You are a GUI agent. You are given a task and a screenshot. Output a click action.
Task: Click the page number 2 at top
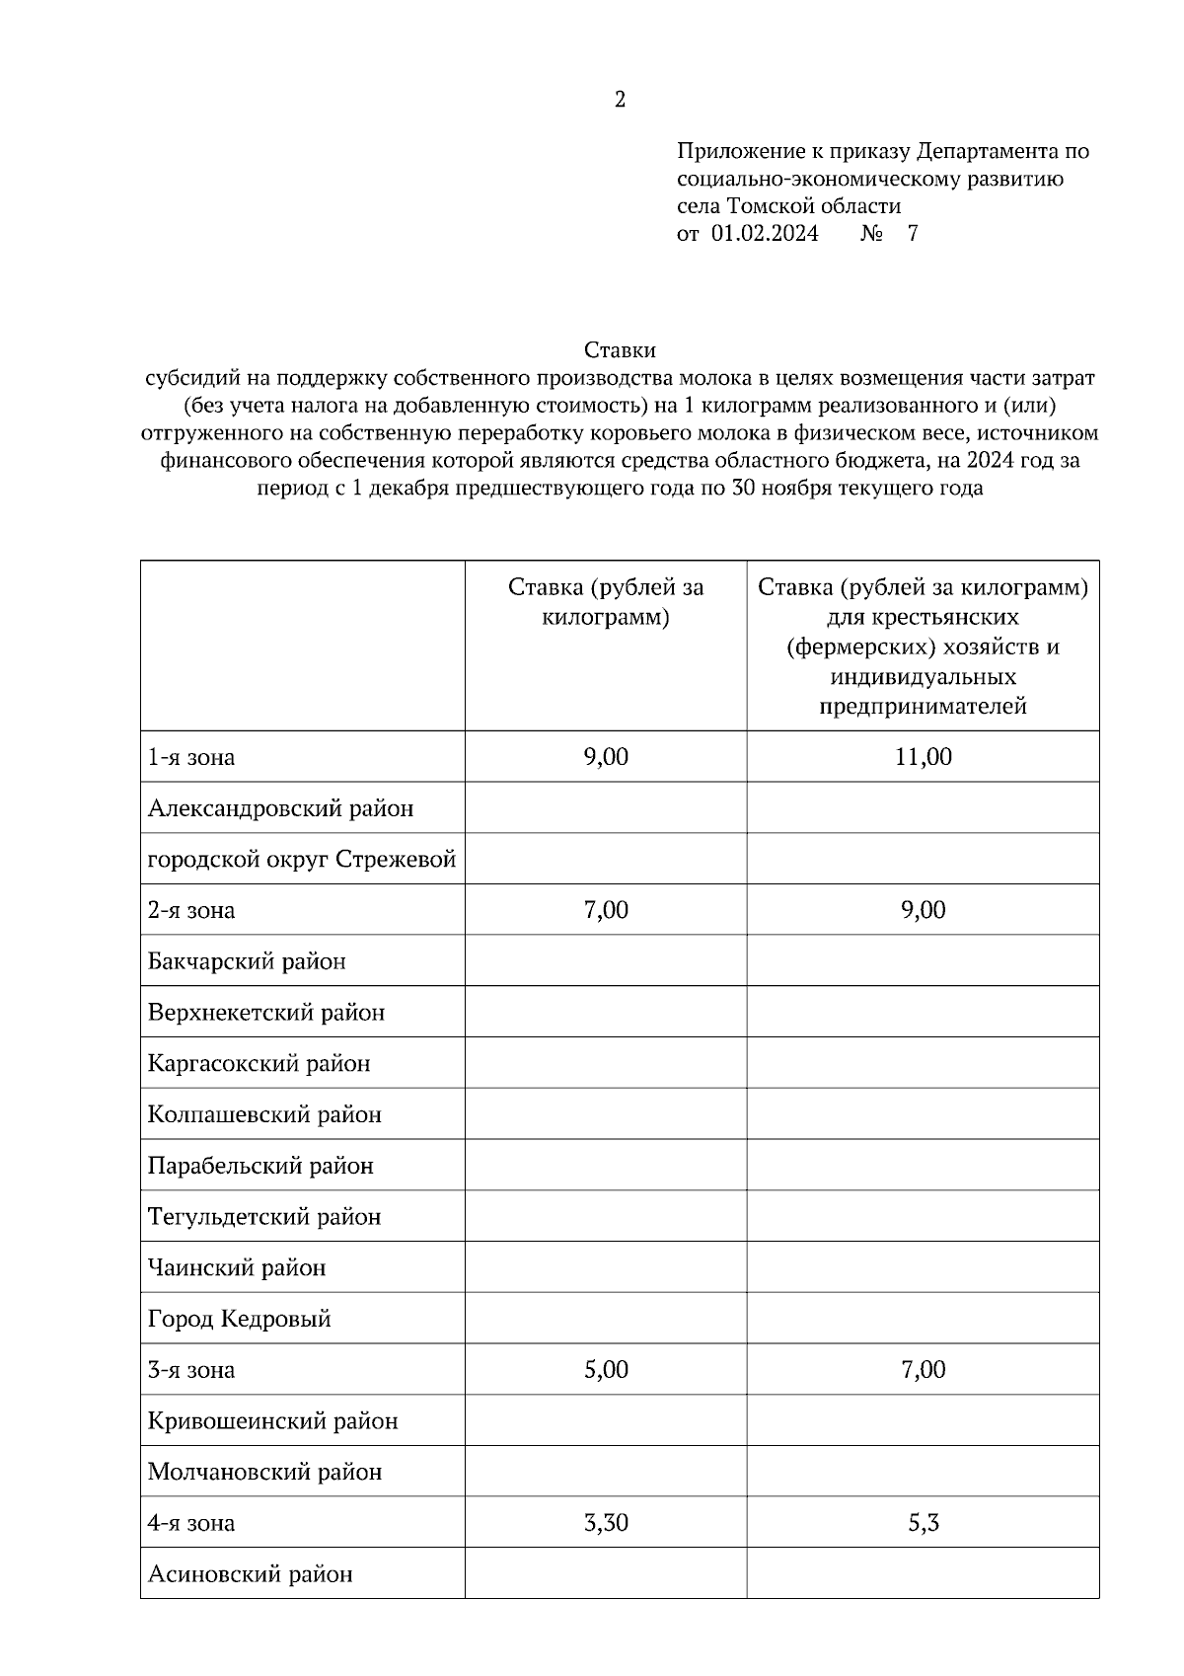tap(620, 100)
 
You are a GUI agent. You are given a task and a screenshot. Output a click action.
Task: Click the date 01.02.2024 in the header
tap(764, 234)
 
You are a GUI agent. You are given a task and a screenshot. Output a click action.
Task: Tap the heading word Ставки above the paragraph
tap(620, 350)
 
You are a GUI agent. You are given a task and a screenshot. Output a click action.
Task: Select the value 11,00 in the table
tap(924, 757)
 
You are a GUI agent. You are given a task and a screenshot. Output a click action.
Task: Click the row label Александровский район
tap(280, 808)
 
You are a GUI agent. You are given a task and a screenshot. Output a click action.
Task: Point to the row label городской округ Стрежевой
tap(301, 860)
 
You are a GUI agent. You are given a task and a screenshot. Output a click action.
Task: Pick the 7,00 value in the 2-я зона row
tap(606, 910)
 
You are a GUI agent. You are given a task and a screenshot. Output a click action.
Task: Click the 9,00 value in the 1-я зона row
tap(606, 757)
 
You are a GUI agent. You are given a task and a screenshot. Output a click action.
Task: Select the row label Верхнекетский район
tap(265, 1013)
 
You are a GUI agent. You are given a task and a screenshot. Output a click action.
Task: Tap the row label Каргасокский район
tap(259, 1064)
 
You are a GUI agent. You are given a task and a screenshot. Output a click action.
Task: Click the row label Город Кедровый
tap(239, 1319)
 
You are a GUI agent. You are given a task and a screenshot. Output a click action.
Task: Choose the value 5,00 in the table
tap(606, 1370)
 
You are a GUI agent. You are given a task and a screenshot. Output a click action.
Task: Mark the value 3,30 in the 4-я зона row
tap(606, 1523)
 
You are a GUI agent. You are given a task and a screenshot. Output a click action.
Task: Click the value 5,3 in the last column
tap(924, 1523)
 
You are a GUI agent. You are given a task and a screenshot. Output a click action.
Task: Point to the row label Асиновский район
tap(250, 1574)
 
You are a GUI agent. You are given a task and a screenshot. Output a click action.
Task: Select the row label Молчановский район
tap(264, 1472)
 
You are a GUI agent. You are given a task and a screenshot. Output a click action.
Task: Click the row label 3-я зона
tap(191, 1370)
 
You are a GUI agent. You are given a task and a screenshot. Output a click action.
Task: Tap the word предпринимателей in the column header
tap(923, 707)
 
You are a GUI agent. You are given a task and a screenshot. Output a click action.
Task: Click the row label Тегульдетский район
tap(263, 1217)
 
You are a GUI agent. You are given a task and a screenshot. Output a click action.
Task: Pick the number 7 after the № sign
tap(912, 234)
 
